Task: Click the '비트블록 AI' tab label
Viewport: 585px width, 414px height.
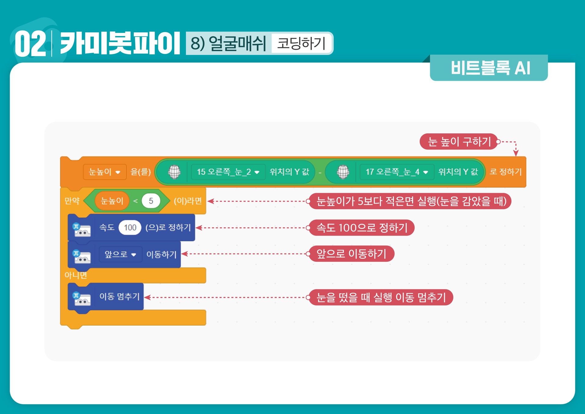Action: pos(490,68)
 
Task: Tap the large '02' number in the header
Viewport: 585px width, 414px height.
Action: pos(30,44)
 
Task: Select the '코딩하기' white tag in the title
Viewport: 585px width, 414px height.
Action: pos(301,43)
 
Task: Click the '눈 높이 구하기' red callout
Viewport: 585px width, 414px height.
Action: pos(459,142)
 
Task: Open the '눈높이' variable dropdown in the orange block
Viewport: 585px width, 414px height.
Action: pos(105,172)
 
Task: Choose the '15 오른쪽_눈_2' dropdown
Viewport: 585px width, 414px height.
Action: pos(228,172)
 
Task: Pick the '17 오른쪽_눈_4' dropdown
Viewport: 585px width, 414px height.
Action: pos(397,172)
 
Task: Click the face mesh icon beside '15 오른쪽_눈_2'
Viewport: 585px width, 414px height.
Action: pos(174,172)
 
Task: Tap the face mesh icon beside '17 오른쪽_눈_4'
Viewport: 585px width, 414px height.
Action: pos(343,172)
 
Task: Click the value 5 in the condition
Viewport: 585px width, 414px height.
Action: pos(151,201)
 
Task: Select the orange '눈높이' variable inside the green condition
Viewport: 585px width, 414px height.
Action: pos(112,201)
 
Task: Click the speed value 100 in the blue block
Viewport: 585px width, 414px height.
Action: pos(130,228)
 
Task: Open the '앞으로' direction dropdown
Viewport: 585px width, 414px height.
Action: pos(120,254)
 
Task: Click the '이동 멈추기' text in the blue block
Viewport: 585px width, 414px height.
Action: pos(119,296)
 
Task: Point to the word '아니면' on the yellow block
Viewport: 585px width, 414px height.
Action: pos(76,275)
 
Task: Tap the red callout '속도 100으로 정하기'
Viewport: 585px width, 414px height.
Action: pos(362,228)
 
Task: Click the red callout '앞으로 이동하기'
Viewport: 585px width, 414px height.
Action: pos(351,254)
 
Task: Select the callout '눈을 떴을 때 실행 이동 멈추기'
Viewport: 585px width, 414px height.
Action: pos(381,297)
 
